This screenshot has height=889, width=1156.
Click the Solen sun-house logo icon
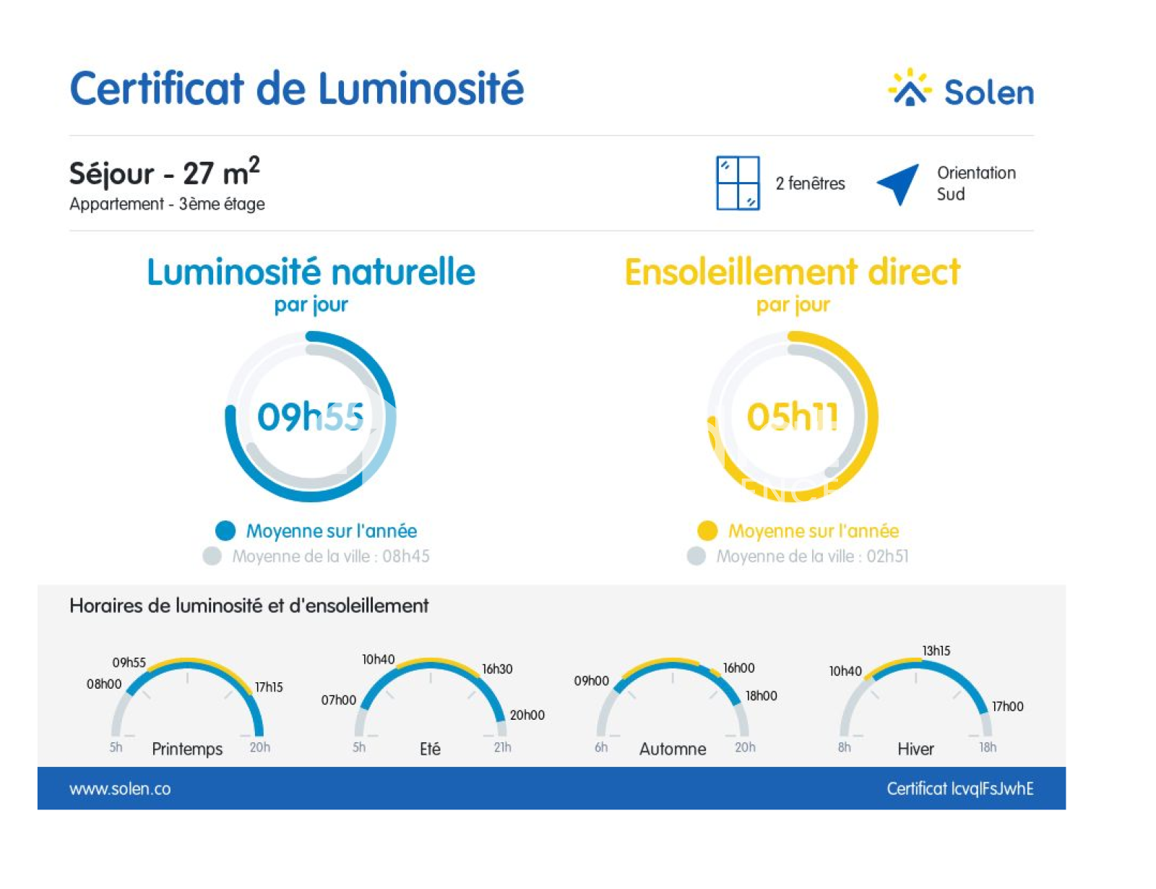(x=909, y=89)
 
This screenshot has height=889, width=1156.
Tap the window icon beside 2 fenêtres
(x=737, y=183)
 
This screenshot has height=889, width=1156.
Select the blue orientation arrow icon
(x=900, y=183)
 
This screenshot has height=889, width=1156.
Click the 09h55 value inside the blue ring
(x=311, y=417)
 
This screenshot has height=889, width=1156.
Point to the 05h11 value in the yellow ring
(x=793, y=417)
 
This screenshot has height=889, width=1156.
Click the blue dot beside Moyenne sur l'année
(x=225, y=531)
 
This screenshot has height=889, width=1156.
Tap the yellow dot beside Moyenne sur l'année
(x=707, y=531)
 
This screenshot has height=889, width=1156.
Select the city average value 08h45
(x=406, y=557)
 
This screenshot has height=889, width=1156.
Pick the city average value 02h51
(x=887, y=557)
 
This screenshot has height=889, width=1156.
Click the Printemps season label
(x=187, y=749)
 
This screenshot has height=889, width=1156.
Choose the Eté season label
(x=430, y=749)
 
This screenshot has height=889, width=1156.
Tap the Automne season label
(x=673, y=749)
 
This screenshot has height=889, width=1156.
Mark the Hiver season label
(x=915, y=749)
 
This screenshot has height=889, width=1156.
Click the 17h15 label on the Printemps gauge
(x=269, y=687)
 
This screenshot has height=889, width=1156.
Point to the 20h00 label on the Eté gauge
(x=527, y=715)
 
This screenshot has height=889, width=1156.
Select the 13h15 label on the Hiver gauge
(x=936, y=650)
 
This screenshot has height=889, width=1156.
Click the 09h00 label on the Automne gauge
(x=591, y=681)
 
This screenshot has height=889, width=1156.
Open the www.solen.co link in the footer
(x=120, y=789)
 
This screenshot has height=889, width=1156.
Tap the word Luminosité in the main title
(x=420, y=89)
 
